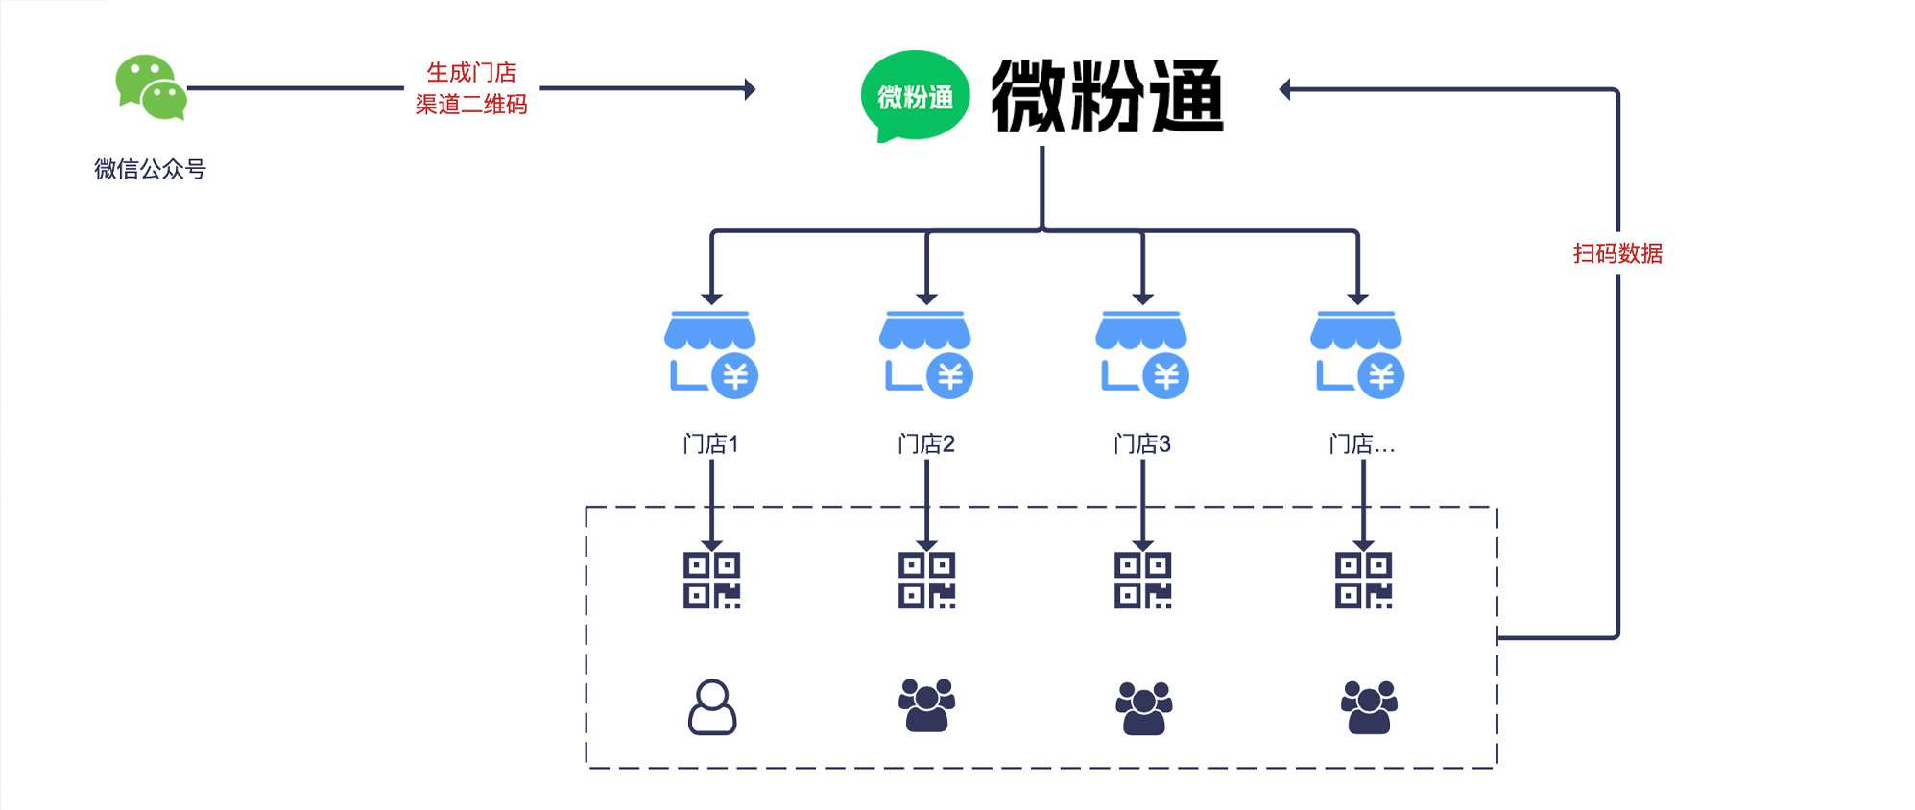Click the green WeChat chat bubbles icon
click(151, 87)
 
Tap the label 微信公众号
click(150, 169)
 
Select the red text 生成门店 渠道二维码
click(471, 88)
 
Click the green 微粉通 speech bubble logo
click(914, 96)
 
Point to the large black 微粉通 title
click(1107, 96)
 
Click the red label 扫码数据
click(1617, 253)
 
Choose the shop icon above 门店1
click(711, 352)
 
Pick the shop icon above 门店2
click(926, 352)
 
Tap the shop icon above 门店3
click(1142, 352)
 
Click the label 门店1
click(710, 444)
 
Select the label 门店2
click(926, 444)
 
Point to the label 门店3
click(1142, 444)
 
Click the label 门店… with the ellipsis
click(1361, 444)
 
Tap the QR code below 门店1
click(711, 581)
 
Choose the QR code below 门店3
click(1142, 581)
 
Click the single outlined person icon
click(712, 707)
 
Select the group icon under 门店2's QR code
click(926, 705)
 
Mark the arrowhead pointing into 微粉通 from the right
click(1285, 89)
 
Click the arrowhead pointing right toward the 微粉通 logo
click(751, 89)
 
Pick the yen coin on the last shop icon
click(1381, 376)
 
